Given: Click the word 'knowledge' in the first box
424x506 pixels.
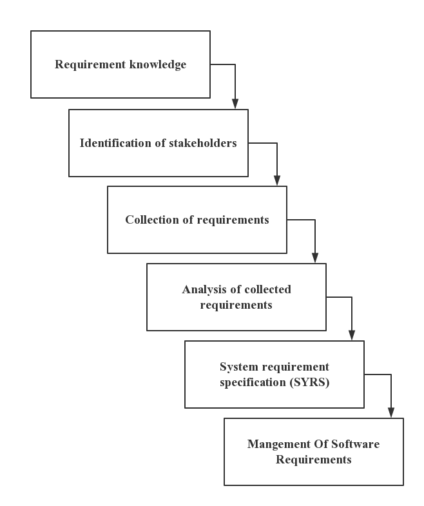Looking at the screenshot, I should click(159, 64).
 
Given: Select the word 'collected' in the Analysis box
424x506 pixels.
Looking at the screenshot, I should click(267, 289).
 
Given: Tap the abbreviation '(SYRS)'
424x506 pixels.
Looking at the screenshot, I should click(309, 382).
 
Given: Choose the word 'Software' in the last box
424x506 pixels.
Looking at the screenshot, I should click(355, 444).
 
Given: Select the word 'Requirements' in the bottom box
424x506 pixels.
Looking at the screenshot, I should click(314, 460).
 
